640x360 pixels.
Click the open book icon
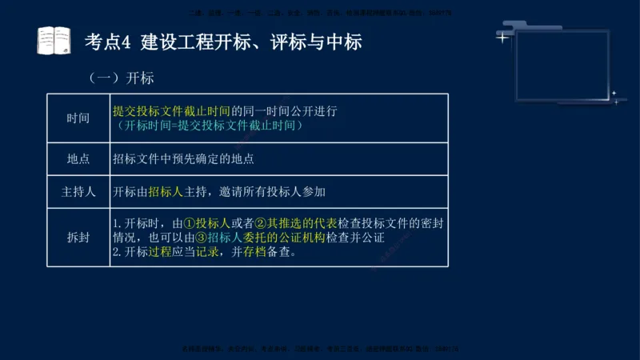point(54,40)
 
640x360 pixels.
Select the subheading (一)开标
point(122,78)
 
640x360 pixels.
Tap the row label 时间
point(78,118)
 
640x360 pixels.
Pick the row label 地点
point(78,159)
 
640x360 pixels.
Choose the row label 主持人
point(78,192)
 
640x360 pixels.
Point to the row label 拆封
point(78,237)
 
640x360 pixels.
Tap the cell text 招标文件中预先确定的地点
point(183,159)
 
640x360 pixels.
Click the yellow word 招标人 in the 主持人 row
point(166,192)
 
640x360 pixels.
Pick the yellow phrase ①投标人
point(206,223)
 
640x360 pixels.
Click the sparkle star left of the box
point(502,37)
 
